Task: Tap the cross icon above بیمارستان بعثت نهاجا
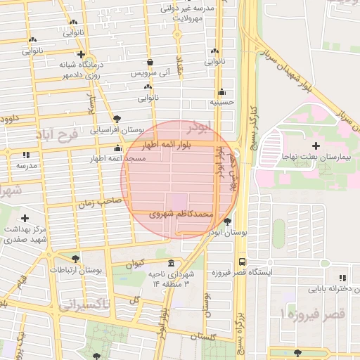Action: pyautogui.click(x=316, y=145)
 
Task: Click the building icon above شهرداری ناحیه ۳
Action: pyautogui.click(x=172, y=262)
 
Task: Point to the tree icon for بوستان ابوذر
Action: pyautogui.click(x=226, y=222)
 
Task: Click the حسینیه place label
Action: pyautogui.click(x=222, y=102)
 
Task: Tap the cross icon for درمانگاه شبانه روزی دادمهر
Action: pyautogui.click(x=82, y=54)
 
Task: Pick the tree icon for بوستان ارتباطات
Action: pyautogui.click(x=75, y=259)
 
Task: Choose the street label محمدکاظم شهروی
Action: pyautogui.click(x=179, y=212)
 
